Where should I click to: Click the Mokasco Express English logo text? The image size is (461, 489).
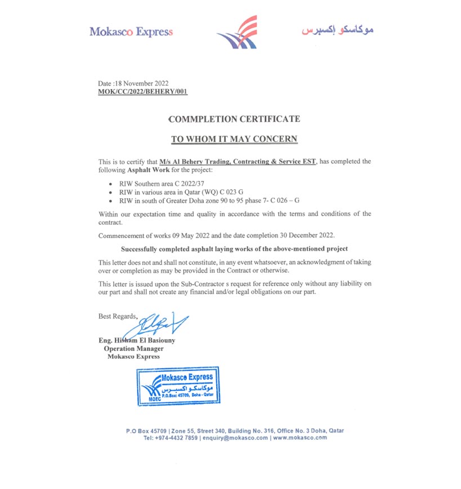pos(131,32)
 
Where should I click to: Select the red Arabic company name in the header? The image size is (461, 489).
pos(337,30)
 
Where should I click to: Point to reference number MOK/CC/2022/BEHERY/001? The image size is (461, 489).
pos(143,91)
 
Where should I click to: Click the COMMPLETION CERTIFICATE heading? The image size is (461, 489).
pos(234,119)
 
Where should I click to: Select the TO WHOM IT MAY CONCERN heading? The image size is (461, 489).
pos(234,139)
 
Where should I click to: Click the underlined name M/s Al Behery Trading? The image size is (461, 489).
pos(238,162)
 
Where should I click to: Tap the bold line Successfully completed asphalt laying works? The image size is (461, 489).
pos(234,248)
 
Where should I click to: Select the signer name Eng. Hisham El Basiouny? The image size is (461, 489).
pos(137,340)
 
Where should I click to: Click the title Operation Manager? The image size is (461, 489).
pos(133,348)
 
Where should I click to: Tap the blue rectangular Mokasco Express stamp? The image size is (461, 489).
pos(178,386)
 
